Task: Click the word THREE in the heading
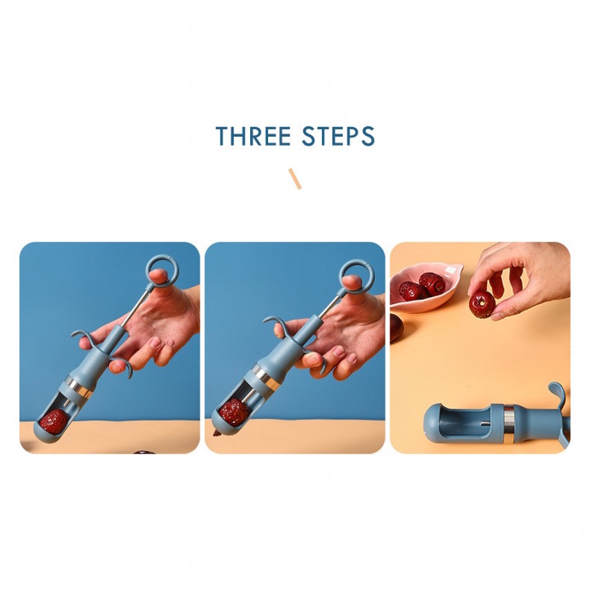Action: [x=254, y=136]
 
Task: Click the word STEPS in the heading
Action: [x=339, y=136]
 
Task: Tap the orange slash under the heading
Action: [x=295, y=179]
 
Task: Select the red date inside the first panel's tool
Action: [x=54, y=422]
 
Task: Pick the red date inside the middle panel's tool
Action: [x=234, y=412]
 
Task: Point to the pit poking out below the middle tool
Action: [x=217, y=433]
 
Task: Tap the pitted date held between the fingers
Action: [x=482, y=304]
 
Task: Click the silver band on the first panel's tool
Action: [x=79, y=386]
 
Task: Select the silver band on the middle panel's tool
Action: [x=266, y=377]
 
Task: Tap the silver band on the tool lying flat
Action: [x=509, y=423]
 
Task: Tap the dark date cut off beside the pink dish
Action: [x=397, y=327]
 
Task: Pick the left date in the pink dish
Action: [x=410, y=290]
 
